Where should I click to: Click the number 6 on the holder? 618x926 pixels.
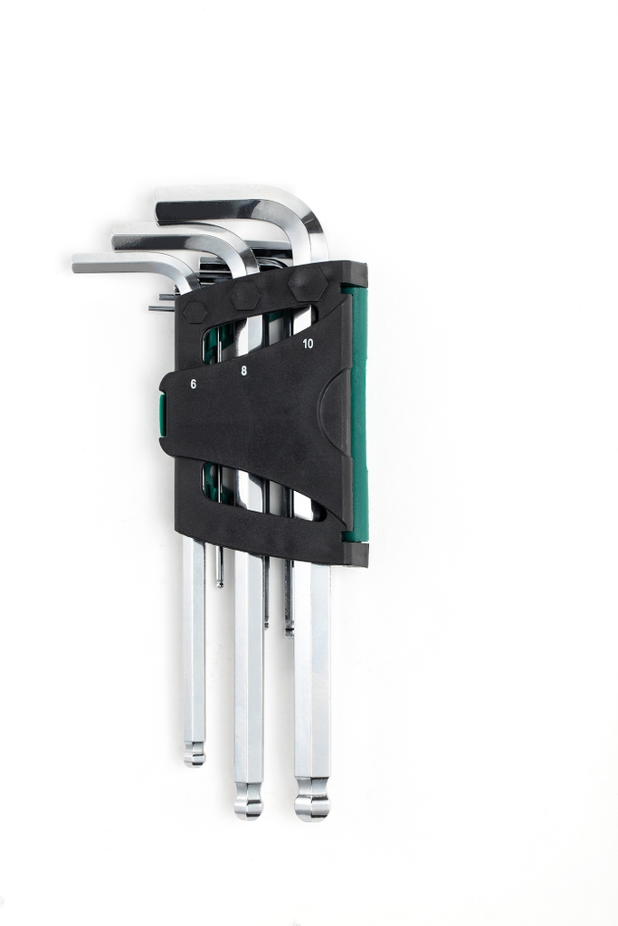[x=194, y=383]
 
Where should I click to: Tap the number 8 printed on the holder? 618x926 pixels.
[x=243, y=371]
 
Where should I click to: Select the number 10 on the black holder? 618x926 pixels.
[x=308, y=345]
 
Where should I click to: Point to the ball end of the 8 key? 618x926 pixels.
[x=248, y=799]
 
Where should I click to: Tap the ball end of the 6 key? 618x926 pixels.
[x=194, y=752]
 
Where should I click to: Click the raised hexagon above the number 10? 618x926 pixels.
[x=307, y=284]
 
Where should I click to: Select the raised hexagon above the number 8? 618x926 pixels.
[x=245, y=296]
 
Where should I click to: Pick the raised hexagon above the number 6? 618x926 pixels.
[x=192, y=312]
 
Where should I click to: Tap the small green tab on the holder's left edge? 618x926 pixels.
[x=162, y=413]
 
